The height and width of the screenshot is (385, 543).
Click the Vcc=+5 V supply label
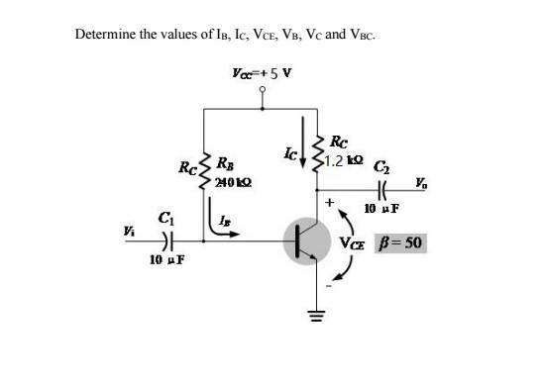tap(261, 72)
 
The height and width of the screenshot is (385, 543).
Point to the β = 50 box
tap(400, 241)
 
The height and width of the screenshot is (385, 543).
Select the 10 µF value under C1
tap(163, 259)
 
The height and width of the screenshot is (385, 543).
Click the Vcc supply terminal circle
tap(262, 89)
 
